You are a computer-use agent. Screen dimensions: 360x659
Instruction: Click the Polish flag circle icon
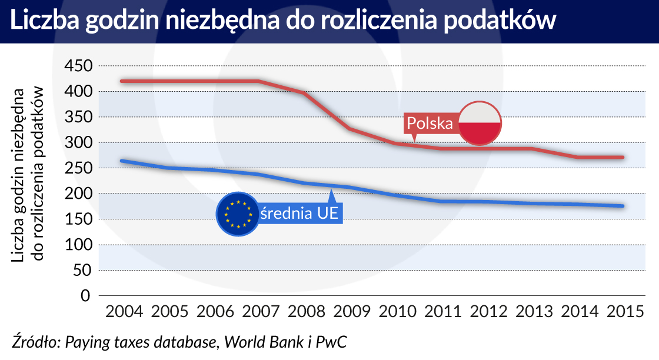pos(480,123)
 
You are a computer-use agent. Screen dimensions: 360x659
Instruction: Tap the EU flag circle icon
pos(237,213)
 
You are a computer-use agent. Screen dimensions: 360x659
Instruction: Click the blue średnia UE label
pos(300,213)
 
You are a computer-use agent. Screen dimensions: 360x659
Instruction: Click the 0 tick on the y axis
pos(86,295)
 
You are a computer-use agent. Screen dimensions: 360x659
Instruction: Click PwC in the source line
pos(332,342)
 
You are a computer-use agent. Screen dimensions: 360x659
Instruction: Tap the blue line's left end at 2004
pos(122,161)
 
